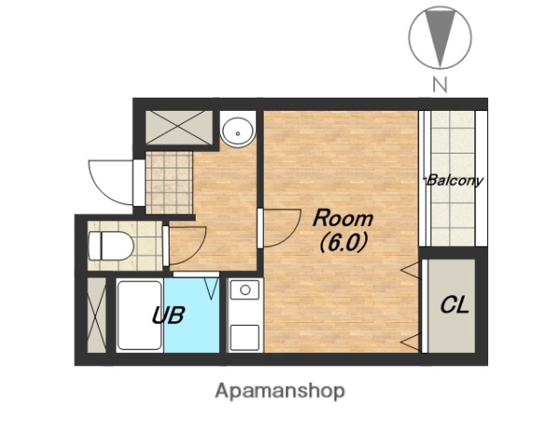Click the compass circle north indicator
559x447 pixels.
(440, 37)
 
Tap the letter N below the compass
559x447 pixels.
(440, 85)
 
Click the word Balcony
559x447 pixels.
(455, 181)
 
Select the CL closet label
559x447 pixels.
(455, 305)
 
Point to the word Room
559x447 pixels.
(343, 218)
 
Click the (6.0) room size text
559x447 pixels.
(343, 244)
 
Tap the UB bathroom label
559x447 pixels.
(169, 315)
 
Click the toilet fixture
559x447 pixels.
(111, 246)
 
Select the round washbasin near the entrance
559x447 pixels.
(238, 130)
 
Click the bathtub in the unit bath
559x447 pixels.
(140, 316)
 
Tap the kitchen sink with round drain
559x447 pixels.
(244, 290)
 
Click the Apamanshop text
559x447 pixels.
(279, 391)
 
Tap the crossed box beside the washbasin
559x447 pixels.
(179, 128)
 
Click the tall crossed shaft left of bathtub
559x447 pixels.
(97, 315)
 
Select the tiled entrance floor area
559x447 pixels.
(169, 183)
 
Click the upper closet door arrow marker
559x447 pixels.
(411, 271)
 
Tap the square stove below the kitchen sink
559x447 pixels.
(244, 337)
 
